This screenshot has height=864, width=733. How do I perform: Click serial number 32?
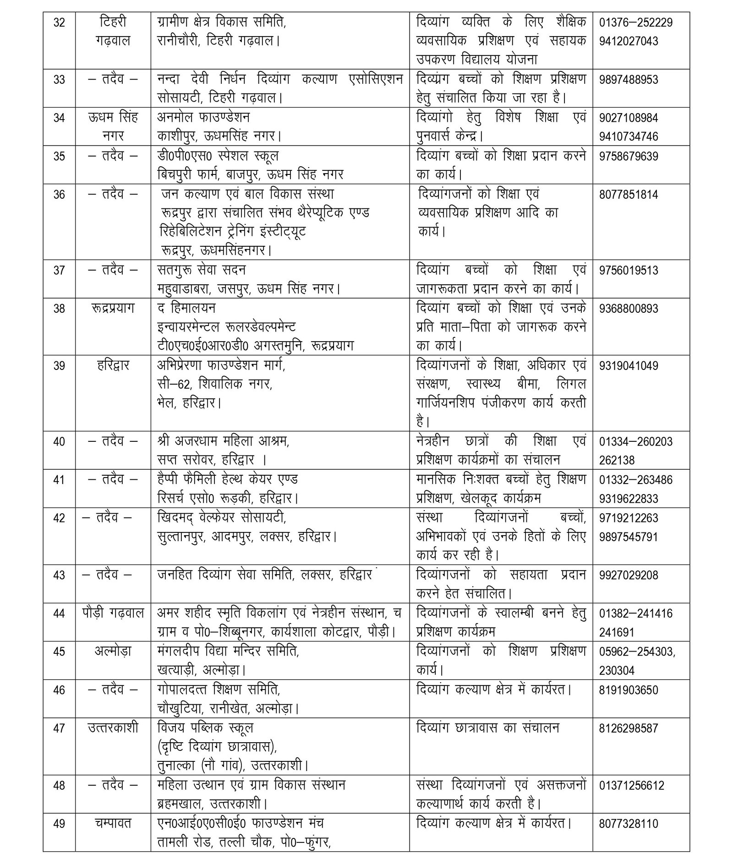pyautogui.click(x=59, y=22)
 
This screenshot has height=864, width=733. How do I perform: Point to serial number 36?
pyautogui.click(x=59, y=195)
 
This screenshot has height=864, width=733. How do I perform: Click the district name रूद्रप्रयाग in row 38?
pyautogui.click(x=113, y=308)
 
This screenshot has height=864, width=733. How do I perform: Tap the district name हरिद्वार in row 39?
pyautogui.click(x=113, y=365)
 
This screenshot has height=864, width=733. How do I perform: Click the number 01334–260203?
pyautogui.click(x=635, y=442)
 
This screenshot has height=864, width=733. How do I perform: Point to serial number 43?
pyautogui.click(x=59, y=575)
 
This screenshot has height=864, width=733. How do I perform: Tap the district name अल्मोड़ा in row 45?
pyautogui.click(x=113, y=652)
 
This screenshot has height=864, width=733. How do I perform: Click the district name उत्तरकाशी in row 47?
pyautogui.click(x=113, y=728)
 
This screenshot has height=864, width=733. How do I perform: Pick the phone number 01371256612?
pyautogui.click(x=631, y=786)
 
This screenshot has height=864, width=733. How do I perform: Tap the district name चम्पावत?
pyautogui.click(x=113, y=824)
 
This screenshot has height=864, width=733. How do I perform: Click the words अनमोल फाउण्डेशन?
pyautogui.click(x=203, y=118)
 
